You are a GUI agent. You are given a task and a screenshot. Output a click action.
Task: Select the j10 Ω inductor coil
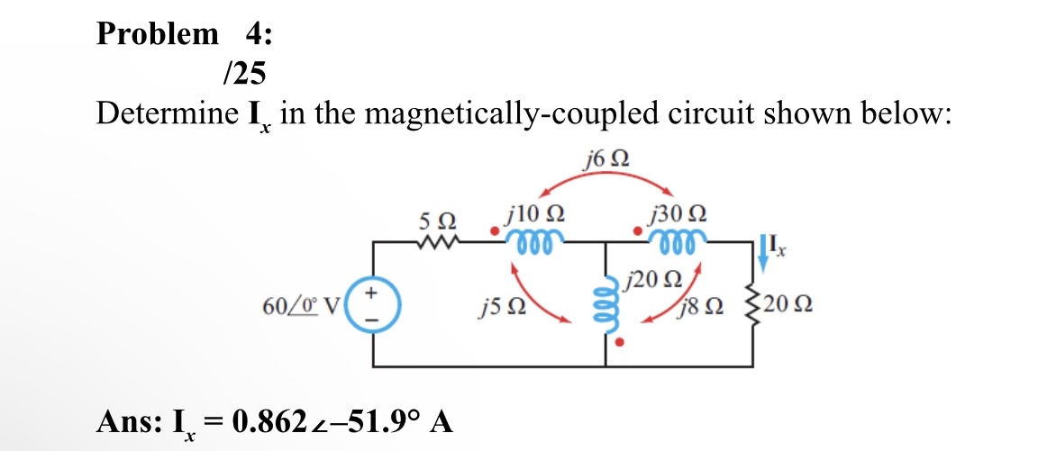(x=535, y=239)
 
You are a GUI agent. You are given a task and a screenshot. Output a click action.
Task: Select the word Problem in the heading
(x=157, y=34)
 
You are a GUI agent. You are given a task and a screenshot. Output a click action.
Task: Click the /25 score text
(x=242, y=72)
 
